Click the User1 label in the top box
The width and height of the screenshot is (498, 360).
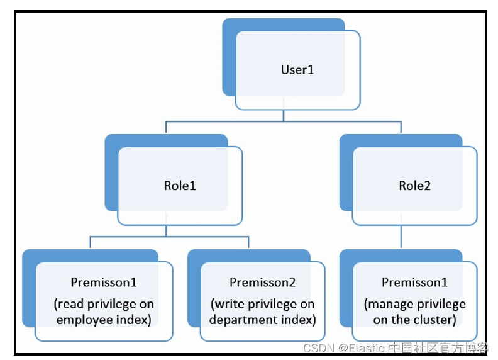pos(297,69)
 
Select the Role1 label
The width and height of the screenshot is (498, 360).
pos(180,186)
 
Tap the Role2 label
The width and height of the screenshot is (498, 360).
pos(414,186)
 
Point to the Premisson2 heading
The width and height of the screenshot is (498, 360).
pos(262,283)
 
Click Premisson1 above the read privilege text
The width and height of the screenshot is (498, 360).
pos(104,283)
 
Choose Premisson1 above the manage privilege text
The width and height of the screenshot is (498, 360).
pos(414,283)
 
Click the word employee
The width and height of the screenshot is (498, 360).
pos(83,319)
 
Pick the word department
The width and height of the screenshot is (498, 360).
pos(241,319)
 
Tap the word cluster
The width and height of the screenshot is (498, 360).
pos(434,319)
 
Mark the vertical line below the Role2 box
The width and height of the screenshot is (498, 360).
pos(402,237)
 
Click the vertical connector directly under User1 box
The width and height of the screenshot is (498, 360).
pos(284,115)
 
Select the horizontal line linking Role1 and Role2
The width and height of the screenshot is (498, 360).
pos(284,121)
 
